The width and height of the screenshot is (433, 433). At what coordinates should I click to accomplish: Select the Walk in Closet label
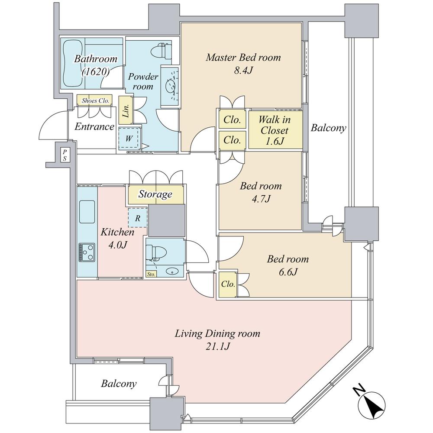click(x=274, y=129)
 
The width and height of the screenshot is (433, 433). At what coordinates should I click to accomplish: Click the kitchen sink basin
click(x=87, y=212)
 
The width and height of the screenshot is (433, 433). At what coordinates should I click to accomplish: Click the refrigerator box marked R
click(x=138, y=218)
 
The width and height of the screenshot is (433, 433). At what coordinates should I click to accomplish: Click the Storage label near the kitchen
click(x=155, y=194)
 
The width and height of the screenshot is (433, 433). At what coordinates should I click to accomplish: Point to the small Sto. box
click(x=151, y=274)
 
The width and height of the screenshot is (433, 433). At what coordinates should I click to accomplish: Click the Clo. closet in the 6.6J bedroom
click(x=228, y=284)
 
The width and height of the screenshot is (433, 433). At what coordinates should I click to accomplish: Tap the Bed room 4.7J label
click(x=261, y=192)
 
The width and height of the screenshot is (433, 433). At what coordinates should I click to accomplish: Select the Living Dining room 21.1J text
click(x=217, y=340)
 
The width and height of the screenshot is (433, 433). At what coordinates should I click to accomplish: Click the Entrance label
click(x=94, y=127)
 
